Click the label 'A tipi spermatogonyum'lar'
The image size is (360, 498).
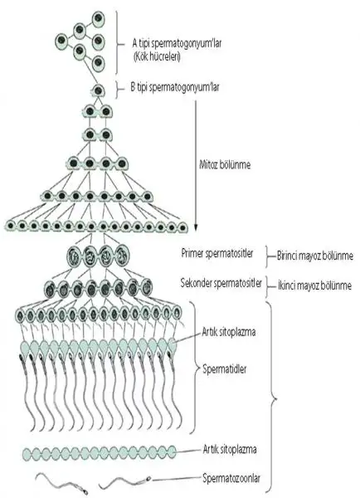pyautogui.click(x=177, y=43)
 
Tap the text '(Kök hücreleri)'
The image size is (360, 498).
pyautogui.click(x=157, y=57)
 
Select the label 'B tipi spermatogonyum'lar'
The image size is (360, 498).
pyautogui.click(x=174, y=87)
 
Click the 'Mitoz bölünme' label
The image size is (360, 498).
pyautogui.click(x=225, y=164)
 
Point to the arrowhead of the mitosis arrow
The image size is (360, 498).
pyautogui.click(x=196, y=227)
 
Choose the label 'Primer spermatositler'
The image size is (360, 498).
pyautogui.click(x=217, y=253)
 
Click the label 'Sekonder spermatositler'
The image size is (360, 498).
pyautogui.click(x=221, y=283)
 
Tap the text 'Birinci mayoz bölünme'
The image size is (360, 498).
pyautogui.click(x=315, y=256)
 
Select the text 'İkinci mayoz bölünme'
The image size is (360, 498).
pyautogui.click(x=314, y=286)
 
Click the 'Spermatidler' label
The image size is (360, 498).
pyautogui.click(x=225, y=369)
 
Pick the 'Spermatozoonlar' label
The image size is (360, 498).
pyautogui.click(x=231, y=478)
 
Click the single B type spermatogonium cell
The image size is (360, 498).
pyautogui.click(x=98, y=90)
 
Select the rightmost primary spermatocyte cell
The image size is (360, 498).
pyautogui.click(x=122, y=255)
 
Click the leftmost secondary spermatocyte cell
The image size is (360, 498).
pyautogui.click(x=50, y=289)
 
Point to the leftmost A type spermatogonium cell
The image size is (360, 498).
pyautogui.click(x=61, y=41)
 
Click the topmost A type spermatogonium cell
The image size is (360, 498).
pyautogui.click(x=99, y=19)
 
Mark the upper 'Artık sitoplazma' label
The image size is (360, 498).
pyautogui.click(x=229, y=332)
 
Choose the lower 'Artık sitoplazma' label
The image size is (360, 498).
pyautogui.click(x=230, y=449)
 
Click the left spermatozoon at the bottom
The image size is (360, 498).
pyautogui.click(x=62, y=483)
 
